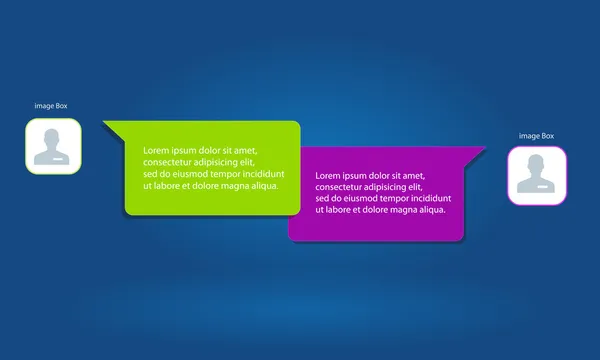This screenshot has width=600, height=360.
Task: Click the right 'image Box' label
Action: coord(536,135)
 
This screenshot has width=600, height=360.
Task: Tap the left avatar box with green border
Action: coord(53,147)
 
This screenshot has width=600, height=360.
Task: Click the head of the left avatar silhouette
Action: coord(53,137)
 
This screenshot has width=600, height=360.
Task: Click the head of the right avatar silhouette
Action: coord(537,165)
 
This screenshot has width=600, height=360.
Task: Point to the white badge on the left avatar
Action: coord(59,157)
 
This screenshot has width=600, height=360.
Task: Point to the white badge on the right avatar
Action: coord(543,186)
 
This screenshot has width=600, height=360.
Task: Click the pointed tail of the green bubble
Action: coord(108,125)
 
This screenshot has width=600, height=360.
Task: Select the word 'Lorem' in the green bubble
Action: coord(156,151)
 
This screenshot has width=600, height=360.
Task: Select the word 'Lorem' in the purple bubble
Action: coord(328,175)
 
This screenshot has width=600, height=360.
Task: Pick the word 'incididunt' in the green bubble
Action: coord(258,174)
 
